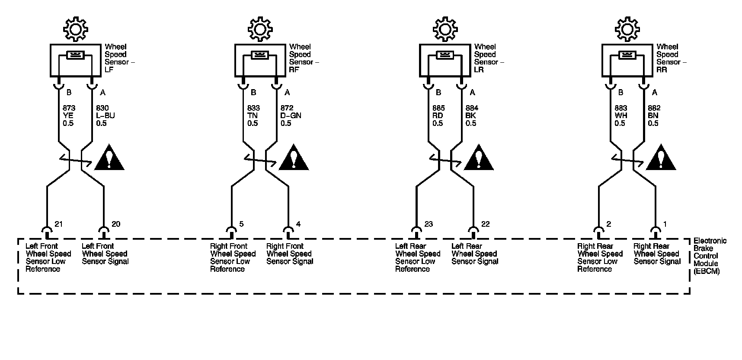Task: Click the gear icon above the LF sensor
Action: pyautogui.click(x=75, y=29)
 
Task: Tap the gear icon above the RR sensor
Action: pyautogui.click(x=627, y=29)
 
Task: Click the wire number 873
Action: pyautogui.click(x=68, y=108)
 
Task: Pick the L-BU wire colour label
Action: pyautogui.click(x=105, y=116)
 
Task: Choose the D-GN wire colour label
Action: pyautogui.click(x=291, y=116)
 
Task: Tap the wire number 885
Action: pyautogui.click(x=438, y=108)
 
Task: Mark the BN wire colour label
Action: pyautogui.click(x=653, y=116)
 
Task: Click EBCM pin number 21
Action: pyautogui.click(x=59, y=224)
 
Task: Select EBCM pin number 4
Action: pyautogui.click(x=298, y=224)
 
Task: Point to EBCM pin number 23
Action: pyautogui.click(x=429, y=224)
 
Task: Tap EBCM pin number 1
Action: pyautogui.click(x=665, y=224)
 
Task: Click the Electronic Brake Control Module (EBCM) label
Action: pyautogui.click(x=709, y=256)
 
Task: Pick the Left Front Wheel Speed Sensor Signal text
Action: pyautogui.click(x=105, y=254)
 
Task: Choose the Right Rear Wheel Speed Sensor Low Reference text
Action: pyautogui.click(x=600, y=257)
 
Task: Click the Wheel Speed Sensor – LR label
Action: pyautogui.click(x=489, y=58)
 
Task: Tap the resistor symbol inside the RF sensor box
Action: pyautogui.click(x=260, y=55)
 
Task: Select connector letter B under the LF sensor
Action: pyautogui.click(x=69, y=92)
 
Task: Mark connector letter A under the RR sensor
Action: pyautogui.click(x=655, y=92)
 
